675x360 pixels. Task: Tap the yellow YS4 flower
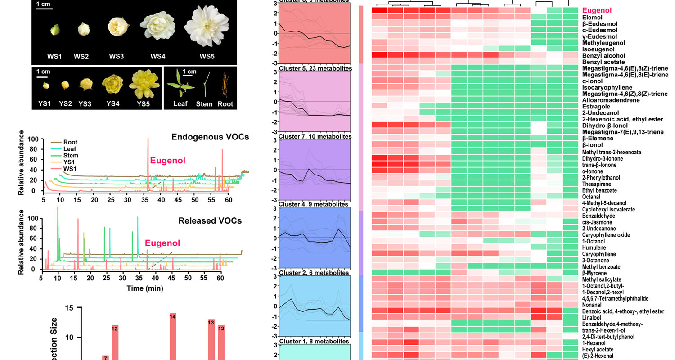click(110, 83)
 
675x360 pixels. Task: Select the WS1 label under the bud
click(54, 57)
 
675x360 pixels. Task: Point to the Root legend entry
click(70, 142)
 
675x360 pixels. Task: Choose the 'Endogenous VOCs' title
click(210, 137)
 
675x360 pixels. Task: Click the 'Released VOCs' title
click(210, 220)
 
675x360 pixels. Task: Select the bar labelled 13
click(211, 339)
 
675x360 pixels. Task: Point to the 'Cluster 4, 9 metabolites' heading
click(313, 204)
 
